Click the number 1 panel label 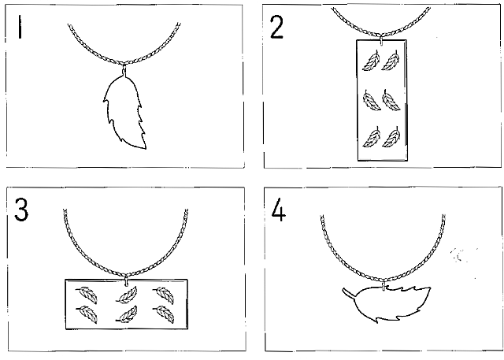point(20,27)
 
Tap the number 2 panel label point(276,28)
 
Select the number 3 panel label point(21,210)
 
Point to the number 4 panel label point(278,211)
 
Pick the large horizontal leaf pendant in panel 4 point(387,304)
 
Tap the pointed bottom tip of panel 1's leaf point(145,148)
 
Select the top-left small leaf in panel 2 point(372,61)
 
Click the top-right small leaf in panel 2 point(391,61)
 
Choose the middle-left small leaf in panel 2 point(372,101)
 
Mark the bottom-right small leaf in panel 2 point(391,137)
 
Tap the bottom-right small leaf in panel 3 point(164,314)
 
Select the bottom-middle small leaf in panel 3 point(127,314)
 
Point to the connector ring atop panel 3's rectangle point(126,280)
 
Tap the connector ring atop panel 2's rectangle point(381,40)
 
